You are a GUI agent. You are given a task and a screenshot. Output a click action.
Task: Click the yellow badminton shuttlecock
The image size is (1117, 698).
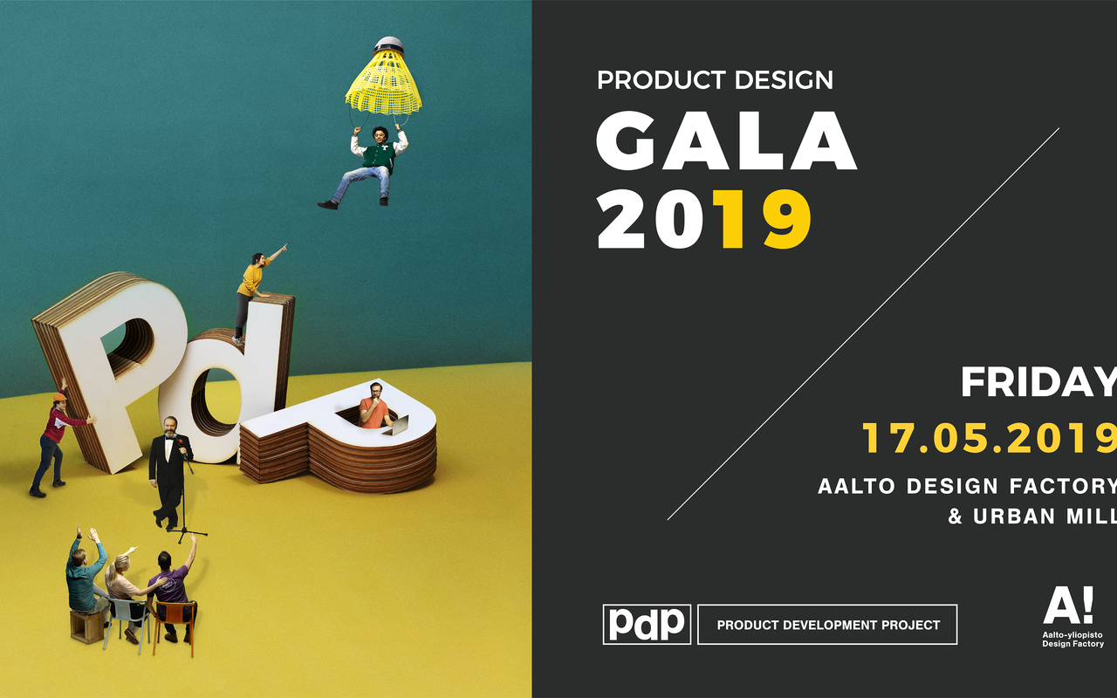click(383, 78)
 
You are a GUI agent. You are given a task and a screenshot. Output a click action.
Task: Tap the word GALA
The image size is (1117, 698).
click(726, 140)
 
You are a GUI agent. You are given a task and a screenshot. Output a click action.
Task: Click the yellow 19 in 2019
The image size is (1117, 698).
click(762, 219)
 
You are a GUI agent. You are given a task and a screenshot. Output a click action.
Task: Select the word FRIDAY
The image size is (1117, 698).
click(1039, 382)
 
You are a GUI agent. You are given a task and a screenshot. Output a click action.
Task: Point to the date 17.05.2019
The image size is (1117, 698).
click(990, 438)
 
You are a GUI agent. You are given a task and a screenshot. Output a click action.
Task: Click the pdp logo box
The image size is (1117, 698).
click(647, 624)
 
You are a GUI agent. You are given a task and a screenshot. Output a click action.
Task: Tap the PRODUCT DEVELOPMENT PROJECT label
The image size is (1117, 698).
click(828, 625)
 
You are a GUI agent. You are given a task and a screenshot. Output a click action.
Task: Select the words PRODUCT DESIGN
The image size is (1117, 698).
click(715, 79)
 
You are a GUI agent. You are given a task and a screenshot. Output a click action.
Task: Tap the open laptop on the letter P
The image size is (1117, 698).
click(397, 426)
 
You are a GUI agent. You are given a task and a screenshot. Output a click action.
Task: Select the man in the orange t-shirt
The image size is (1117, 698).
click(374, 406)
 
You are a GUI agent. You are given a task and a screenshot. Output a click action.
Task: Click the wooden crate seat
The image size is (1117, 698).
click(86, 626)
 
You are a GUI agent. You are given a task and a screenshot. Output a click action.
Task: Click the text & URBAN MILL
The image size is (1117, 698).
click(1032, 516)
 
